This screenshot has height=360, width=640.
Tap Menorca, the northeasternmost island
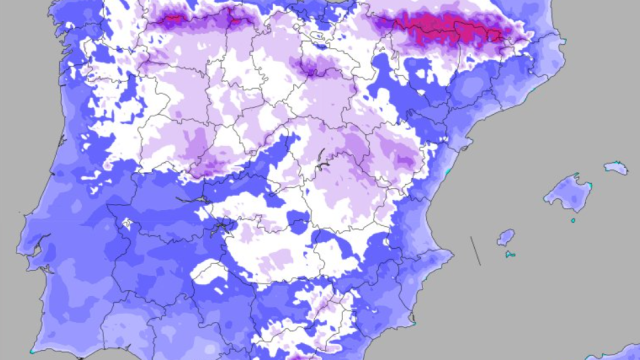point(614,167)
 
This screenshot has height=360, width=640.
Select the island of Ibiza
point(506,238)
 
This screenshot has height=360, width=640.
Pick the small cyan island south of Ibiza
point(510,254)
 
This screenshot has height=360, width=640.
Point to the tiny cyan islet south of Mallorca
point(573,220)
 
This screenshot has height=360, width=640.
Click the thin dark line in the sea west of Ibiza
point(476,250)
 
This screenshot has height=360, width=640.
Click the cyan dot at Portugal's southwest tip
point(33,351)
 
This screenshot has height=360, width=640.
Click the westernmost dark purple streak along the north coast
point(170,17)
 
